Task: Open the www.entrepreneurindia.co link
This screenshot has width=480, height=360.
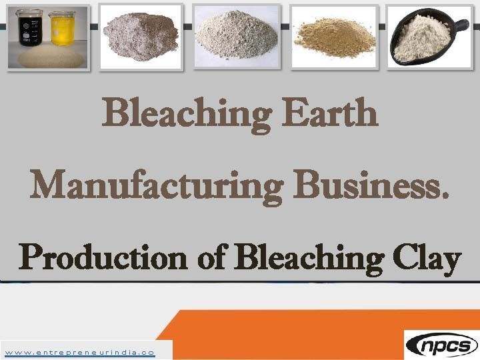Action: pos(79,351)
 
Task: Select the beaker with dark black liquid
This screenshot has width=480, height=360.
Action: pos(30,29)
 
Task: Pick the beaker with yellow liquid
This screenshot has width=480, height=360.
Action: pos(61,29)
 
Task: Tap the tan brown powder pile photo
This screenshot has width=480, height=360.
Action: pos(333,39)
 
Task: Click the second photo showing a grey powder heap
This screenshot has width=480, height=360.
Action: pos(141,39)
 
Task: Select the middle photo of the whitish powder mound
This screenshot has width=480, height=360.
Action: pos(236,39)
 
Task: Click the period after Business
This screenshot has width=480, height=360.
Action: pos(445,195)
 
